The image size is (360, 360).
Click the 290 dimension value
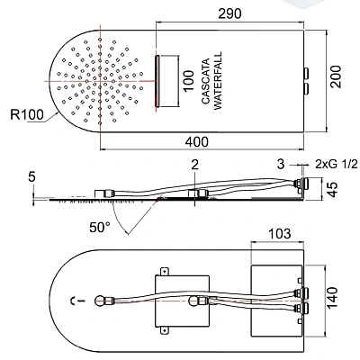[229, 13]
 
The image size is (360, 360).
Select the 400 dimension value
[196, 142]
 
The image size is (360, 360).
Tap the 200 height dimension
[336, 76]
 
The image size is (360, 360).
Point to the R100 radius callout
[27, 114]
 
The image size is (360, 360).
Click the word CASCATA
[206, 82]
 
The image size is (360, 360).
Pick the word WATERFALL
[218, 81]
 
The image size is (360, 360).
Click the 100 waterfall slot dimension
[188, 81]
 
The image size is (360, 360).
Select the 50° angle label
[100, 227]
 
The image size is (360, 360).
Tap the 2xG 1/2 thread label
[337, 164]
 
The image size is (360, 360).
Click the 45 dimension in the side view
[333, 189]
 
